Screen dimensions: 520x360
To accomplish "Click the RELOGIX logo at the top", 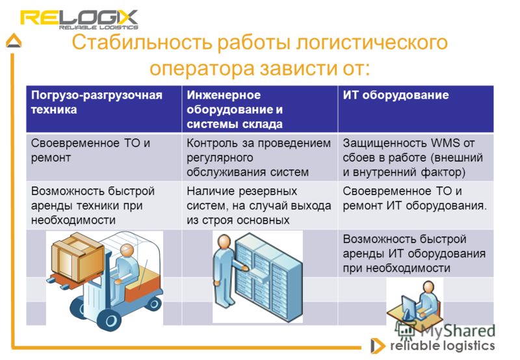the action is (79, 20).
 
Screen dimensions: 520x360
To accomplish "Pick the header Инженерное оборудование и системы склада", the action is (259, 109).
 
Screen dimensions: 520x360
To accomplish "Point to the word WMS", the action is (445, 143).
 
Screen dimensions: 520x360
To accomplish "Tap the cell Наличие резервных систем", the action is (259, 205).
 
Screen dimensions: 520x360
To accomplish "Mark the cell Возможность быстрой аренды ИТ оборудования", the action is (416, 253).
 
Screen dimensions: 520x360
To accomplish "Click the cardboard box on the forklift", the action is (77, 256).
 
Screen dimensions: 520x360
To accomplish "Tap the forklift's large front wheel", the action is (111, 319).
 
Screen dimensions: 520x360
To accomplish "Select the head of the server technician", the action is (224, 241).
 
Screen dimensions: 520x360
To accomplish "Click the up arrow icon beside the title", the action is (14, 41).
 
